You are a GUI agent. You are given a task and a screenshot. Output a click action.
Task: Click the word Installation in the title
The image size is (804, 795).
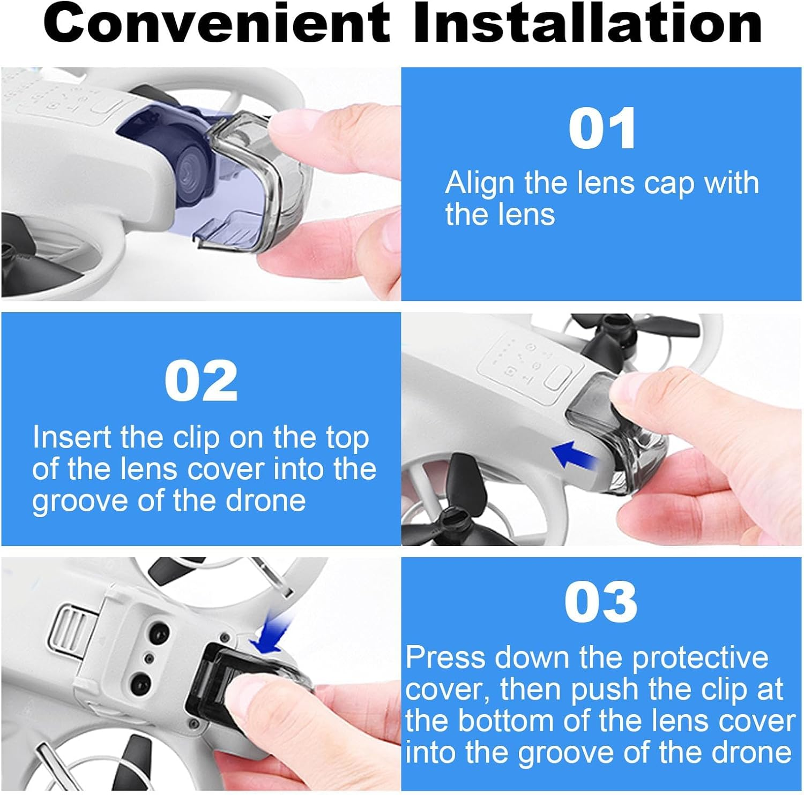[587, 24]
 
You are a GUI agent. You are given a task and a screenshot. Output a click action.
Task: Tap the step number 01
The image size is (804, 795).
[602, 129]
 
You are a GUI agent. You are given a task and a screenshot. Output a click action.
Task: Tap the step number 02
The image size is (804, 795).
[200, 381]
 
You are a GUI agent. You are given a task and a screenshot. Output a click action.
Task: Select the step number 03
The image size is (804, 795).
[601, 602]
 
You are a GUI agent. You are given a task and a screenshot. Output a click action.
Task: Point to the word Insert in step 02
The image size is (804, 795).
[72, 438]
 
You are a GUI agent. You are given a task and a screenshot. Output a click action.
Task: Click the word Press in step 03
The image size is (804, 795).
[445, 657]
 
